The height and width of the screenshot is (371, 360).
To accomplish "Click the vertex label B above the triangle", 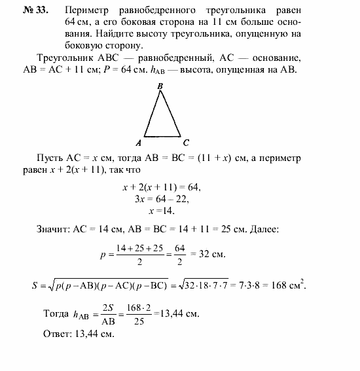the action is (160, 85).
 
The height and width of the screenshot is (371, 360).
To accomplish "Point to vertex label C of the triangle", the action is (187, 142).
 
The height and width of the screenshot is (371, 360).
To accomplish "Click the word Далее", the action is (261, 228).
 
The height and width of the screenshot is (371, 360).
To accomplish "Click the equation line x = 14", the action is (162, 211).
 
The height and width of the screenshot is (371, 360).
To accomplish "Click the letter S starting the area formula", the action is (35, 285).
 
